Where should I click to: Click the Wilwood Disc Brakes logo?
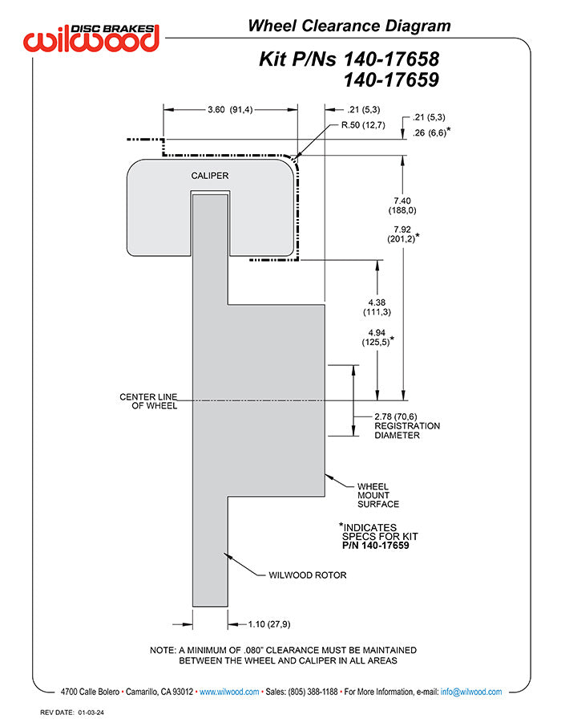(91, 38)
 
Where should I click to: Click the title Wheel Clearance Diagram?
(349, 26)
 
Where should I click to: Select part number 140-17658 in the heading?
(392, 59)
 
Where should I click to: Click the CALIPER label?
(210, 175)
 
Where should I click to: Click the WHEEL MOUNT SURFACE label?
(377, 495)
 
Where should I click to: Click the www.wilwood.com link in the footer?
(228, 692)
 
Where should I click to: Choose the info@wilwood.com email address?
(471, 692)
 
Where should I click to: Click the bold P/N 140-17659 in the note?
(375, 546)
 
